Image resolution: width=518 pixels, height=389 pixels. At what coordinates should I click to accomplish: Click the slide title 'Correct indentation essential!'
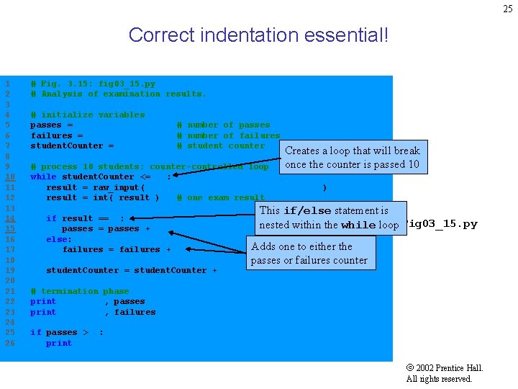coord(258,35)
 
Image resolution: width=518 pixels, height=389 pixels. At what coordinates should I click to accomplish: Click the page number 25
coord(508,9)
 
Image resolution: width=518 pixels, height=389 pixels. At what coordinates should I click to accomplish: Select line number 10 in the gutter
coord(10,176)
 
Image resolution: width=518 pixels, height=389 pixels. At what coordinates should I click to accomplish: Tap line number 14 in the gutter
coord(10,218)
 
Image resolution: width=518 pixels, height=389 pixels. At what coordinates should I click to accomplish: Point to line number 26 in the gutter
coord(10,343)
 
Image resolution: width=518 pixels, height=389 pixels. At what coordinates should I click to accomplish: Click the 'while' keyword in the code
coord(43,176)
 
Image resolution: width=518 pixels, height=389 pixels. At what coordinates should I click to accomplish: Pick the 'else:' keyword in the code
coord(59,239)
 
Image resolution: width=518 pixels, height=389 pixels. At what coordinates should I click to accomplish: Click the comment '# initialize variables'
coord(87,115)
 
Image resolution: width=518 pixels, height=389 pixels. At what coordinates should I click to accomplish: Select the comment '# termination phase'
coord(79,291)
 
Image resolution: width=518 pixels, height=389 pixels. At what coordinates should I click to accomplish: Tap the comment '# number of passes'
coord(223,125)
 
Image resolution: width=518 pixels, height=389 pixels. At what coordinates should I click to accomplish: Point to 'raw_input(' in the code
coord(119,187)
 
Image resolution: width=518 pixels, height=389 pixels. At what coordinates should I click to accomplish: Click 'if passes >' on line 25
coord(59,333)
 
